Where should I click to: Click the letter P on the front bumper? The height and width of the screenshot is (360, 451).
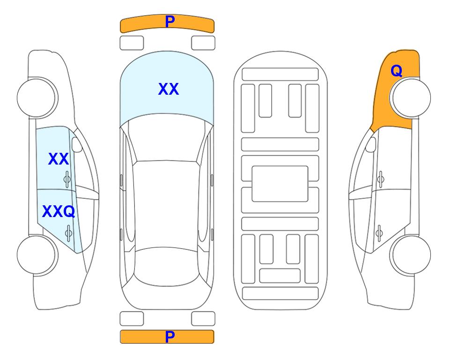170,22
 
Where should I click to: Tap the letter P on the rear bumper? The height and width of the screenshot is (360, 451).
170,337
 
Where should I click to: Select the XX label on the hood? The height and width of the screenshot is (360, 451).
169,89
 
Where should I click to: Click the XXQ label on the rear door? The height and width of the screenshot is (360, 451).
59,212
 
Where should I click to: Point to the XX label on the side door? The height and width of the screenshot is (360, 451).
59,159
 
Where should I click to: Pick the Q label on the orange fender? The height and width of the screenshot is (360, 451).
396,71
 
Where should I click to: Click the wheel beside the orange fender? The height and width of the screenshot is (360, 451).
410,98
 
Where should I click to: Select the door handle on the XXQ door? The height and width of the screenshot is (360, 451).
68,233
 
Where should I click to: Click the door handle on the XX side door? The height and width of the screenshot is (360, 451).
67,180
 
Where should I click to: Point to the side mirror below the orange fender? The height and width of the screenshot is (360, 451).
371,145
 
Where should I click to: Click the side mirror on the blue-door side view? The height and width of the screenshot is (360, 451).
77,145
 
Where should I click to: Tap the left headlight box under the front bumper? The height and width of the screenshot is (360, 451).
132,43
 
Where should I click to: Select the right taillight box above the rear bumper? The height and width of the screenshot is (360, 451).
203,319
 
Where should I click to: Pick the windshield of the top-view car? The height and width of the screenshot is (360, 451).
167,138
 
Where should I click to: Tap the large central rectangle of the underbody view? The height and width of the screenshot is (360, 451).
280,184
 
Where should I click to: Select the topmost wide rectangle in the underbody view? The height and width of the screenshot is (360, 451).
280,75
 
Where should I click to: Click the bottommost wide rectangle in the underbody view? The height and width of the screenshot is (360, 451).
281,293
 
